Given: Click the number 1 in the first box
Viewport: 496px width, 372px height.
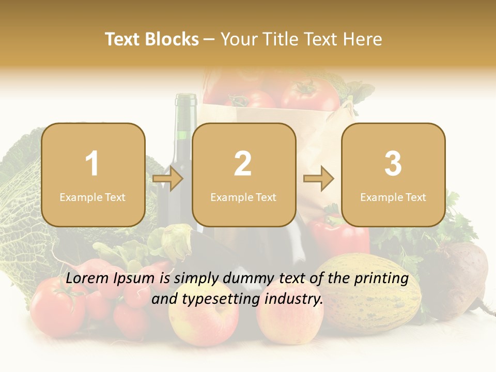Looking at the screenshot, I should point(92,164).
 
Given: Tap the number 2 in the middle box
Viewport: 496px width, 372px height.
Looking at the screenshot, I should point(243,164).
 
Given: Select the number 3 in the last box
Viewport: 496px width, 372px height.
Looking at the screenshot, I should point(393,164).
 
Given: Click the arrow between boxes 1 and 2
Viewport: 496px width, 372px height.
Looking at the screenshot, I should point(168,179).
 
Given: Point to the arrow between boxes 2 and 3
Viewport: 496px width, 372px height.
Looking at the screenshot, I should point(319,179).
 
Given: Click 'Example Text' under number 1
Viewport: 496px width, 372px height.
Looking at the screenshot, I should point(92,197).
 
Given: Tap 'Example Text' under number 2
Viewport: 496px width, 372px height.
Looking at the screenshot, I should point(243,197).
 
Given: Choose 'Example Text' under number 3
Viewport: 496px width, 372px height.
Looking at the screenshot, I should point(393,197).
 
